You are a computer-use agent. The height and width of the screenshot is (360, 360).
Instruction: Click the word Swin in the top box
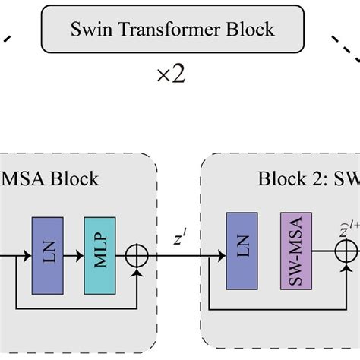click(89, 31)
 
